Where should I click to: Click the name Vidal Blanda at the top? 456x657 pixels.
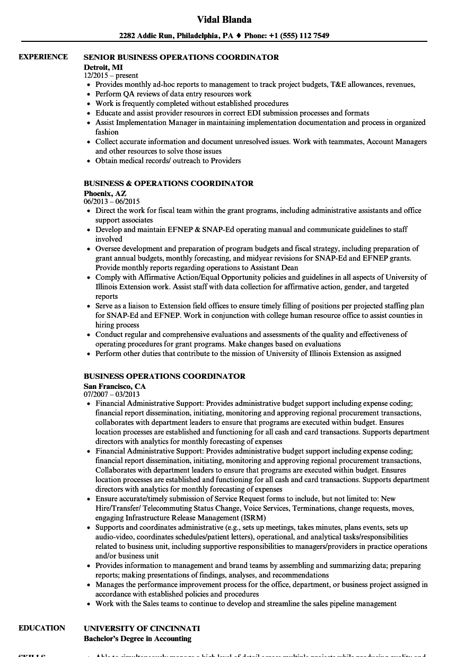(224, 20)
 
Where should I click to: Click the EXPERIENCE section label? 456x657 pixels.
(43, 57)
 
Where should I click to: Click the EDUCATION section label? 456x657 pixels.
(42, 628)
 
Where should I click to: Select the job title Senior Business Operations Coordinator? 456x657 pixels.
(181, 57)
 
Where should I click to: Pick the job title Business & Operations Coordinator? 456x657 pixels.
(169, 183)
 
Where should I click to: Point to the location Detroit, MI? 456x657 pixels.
(103, 67)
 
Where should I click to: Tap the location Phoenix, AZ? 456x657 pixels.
(105, 193)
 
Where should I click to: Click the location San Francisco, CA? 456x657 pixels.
(115, 386)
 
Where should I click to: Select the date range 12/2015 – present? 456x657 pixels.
(111, 76)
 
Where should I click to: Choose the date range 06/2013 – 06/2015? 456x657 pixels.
(112, 202)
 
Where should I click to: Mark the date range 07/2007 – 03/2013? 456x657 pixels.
(112, 395)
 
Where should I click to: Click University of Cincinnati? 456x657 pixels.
(142, 628)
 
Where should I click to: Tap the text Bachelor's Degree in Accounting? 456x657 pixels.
(137, 638)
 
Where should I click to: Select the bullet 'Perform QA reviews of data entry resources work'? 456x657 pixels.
(173, 94)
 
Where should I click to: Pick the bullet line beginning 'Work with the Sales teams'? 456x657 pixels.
(246, 603)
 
